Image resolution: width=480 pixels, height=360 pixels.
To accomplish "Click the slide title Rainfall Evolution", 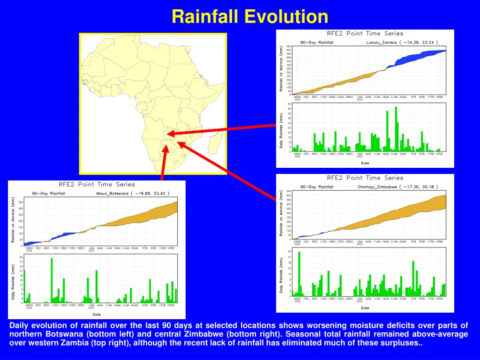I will (249, 17).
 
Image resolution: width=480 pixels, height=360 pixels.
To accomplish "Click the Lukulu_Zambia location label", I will (381, 42).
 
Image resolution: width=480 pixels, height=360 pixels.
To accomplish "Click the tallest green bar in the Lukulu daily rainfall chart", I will (396, 129).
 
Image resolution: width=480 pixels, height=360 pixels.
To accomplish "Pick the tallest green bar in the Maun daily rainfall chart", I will (52, 280).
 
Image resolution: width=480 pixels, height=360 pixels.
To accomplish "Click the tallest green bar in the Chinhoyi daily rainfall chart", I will (299, 274).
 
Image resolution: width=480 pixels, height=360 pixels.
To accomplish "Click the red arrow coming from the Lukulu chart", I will (220, 129).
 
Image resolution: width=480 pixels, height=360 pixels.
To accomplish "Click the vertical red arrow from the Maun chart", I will (164, 164).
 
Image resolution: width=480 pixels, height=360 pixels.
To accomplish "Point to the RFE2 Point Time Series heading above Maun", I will (97, 184).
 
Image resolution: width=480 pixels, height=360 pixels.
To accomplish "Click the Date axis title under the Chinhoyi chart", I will (365, 308).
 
